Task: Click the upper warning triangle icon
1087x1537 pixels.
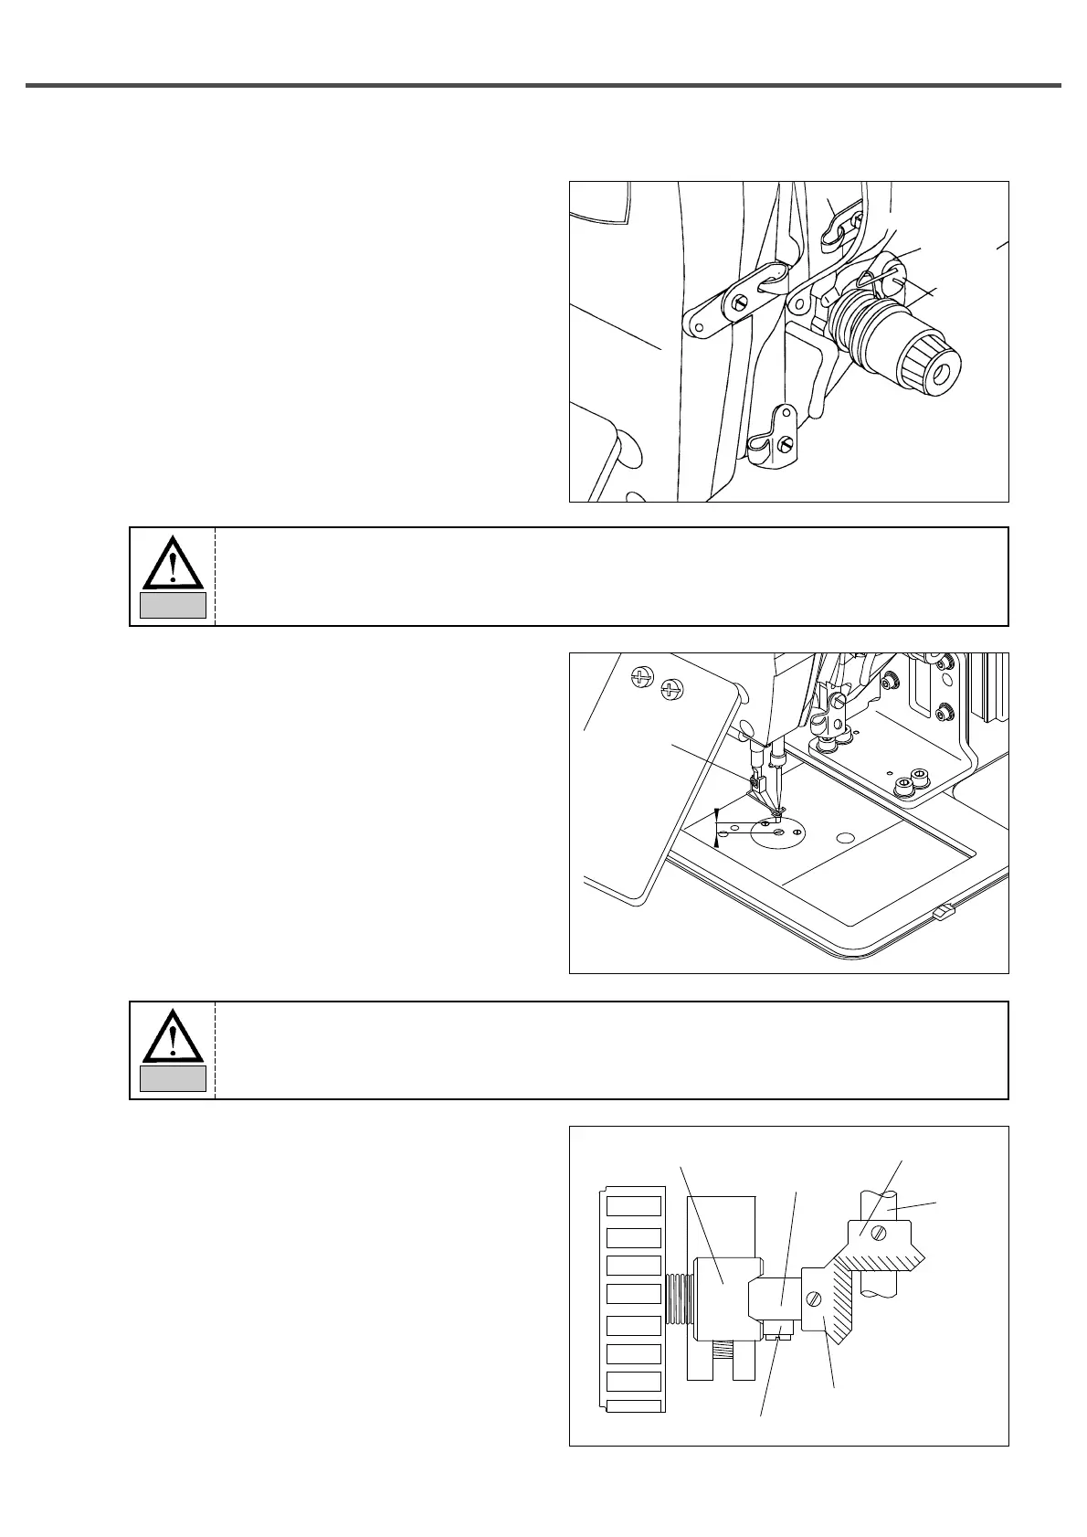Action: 173,562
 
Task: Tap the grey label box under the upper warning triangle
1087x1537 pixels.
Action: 173,605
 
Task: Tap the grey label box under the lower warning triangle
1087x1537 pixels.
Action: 173,1078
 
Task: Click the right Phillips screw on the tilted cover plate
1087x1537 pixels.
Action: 671,689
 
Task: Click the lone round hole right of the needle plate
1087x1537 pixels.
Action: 845,837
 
